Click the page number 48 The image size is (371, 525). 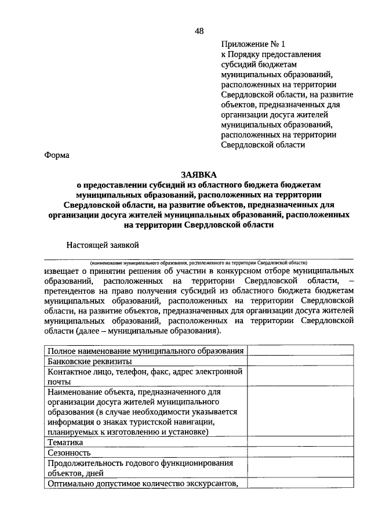coord(199,31)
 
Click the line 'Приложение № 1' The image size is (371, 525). coord(253,44)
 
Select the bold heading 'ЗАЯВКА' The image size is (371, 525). coord(198,174)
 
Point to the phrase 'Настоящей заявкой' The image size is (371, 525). coord(103,245)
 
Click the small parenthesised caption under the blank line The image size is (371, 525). coord(198,262)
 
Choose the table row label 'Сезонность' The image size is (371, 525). coord(69,452)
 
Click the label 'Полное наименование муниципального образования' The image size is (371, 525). coord(145,351)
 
